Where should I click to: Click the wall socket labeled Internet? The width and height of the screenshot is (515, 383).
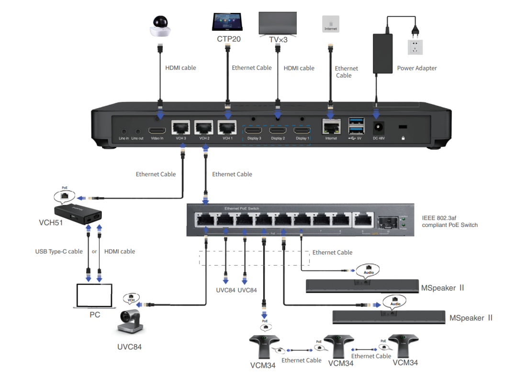coord(331,24)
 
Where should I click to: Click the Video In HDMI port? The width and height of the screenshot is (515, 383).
coord(157,130)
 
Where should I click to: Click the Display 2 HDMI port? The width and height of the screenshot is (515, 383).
coord(278,130)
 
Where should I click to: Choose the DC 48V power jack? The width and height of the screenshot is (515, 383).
coord(379,128)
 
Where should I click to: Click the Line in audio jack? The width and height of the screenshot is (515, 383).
coord(124,131)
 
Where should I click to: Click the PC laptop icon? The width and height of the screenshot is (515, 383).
coord(95,297)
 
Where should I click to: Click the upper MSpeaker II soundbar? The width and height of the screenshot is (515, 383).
coord(362,286)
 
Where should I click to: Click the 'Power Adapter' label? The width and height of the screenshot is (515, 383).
coord(417,68)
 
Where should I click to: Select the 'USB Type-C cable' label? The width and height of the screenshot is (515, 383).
coord(59,251)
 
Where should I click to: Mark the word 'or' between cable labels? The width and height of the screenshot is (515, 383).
coord(94,251)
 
